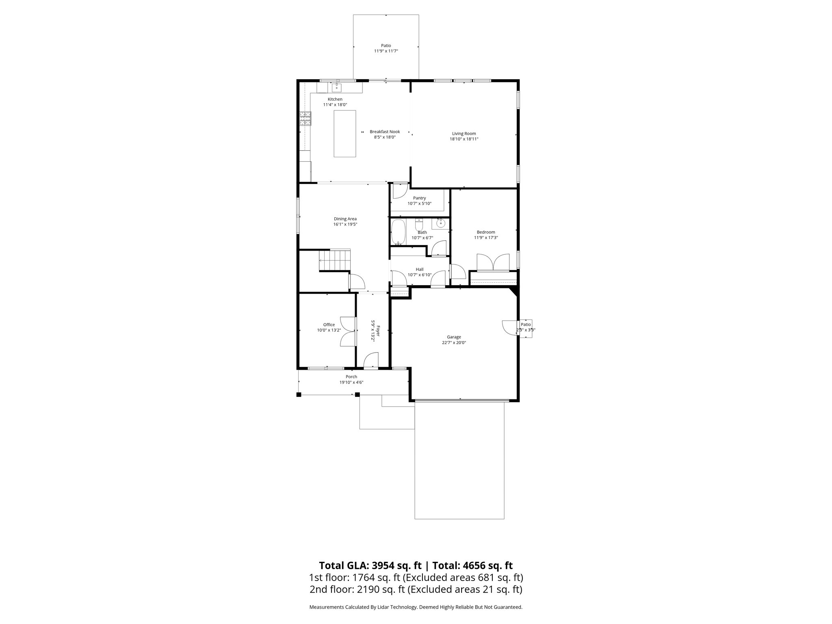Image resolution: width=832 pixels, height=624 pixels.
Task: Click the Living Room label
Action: click(464, 134)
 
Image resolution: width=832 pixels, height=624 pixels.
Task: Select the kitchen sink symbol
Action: click(337, 87)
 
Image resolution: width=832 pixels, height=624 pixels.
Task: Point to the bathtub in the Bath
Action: click(398, 232)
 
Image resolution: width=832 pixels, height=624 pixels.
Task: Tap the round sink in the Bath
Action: click(440, 223)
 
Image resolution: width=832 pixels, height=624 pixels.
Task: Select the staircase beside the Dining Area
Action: click(334, 260)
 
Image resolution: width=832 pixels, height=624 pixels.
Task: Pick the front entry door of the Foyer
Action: click(370, 362)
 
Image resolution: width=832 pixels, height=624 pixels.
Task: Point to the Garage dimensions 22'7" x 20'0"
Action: click(454, 342)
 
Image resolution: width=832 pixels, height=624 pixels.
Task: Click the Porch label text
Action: click(351, 377)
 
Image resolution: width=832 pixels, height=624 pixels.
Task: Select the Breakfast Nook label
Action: click(385, 132)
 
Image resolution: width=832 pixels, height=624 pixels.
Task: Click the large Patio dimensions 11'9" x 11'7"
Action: click(386, 51)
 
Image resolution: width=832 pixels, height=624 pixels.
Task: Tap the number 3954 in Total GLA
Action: click(383, 565)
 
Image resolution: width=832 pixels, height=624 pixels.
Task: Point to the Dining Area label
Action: click(345, 219)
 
